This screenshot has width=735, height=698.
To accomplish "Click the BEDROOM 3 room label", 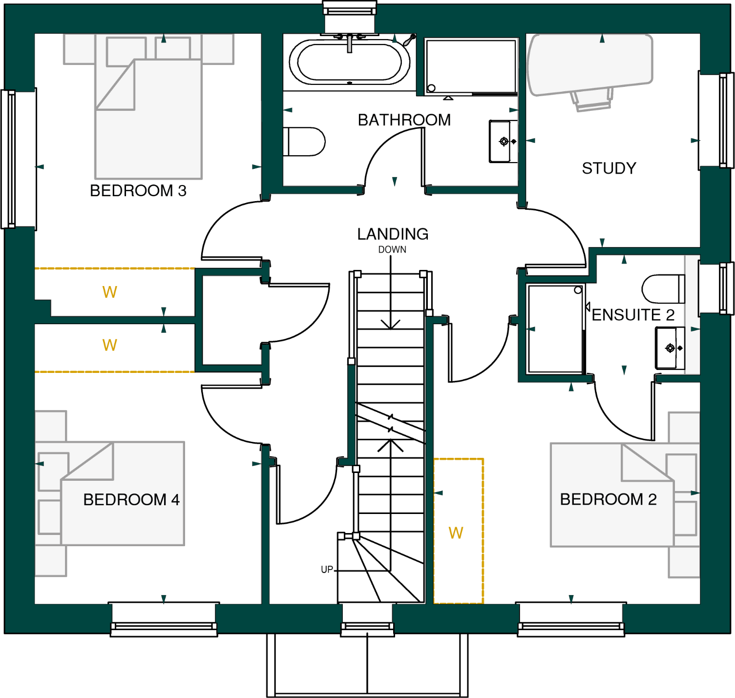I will click(x=138, y=191).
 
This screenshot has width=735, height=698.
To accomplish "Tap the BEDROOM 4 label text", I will click(x=131, y=500).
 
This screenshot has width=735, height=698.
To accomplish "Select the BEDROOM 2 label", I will click(x=608, y=499).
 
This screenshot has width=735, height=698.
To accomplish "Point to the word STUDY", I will click(x=609, y=168).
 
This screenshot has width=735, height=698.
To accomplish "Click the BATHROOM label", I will click(x=404, y=120).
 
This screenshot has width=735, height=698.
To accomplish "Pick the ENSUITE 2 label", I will click(x=633, y=315).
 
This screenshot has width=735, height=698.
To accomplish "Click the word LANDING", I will click(x=393, y=234).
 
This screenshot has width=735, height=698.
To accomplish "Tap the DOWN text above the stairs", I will click(x=392, y=250).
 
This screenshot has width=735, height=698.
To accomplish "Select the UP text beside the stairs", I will click(x=327, y=570).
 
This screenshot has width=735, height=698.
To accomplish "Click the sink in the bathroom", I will click(x=503, y=142).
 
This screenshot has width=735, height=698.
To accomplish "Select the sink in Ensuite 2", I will click(x=670, y=348).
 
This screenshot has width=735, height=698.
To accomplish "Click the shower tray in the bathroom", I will click(x=470, y=66).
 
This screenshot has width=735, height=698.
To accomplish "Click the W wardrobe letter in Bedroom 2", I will click(x=456, y=533).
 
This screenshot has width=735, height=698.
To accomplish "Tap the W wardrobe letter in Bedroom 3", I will click(x=109, y=292).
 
